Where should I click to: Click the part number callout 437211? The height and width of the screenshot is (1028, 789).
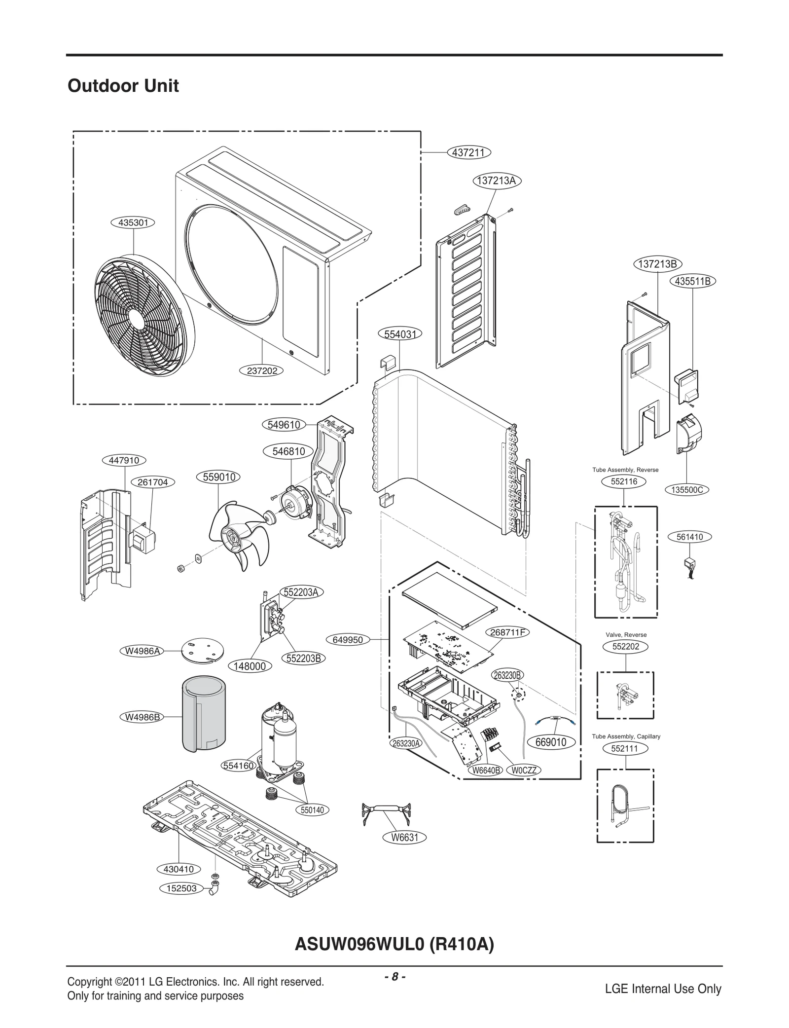[468, 152]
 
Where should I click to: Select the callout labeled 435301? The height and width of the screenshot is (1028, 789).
[133, 222]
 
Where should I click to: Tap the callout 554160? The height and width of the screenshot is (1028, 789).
[238, 766]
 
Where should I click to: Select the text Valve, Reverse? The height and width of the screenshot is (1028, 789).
[626, 634]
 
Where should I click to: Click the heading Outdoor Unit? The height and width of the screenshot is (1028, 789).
[123, 86]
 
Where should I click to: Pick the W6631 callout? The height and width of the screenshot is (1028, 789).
[404, 837]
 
